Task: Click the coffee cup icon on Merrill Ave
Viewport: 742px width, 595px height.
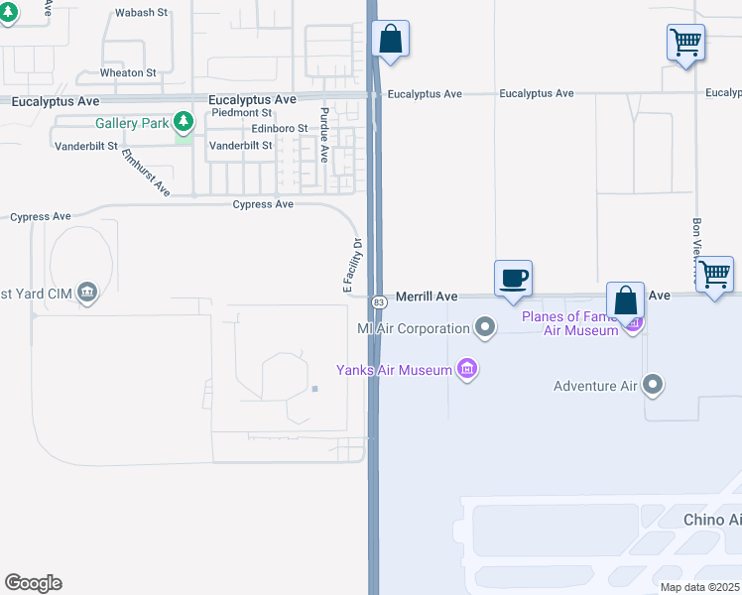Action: click(x=513, y=278)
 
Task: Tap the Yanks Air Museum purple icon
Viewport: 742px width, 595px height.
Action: click(x=467, y=370)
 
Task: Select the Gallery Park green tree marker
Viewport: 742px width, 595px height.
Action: click(x=183, y=122)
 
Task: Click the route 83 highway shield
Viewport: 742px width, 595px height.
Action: click(x=379, y=301)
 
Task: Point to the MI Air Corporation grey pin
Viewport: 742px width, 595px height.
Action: click(x=484, y=326)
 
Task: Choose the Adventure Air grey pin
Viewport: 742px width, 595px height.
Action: click(x=653, y=384)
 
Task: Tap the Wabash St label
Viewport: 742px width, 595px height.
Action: click(x=136, y=13)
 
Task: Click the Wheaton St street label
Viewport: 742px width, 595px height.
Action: click(x=128, y=72)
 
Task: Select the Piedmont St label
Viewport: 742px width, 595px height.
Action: click(x=241, y=113)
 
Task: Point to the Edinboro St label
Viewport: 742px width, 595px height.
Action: click(x=279, y=128)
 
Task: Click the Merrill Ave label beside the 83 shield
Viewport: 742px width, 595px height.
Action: click(x=427, y=296)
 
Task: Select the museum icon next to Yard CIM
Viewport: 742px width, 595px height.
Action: click(x=87, y=293)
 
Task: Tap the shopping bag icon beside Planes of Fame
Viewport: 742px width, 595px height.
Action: click(x=626, y=300)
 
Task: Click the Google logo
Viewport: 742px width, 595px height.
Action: click(x=33, y=583)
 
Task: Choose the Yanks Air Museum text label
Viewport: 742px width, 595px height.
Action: click(x=393, y=370)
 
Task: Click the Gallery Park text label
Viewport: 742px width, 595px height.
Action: click(x=132, y=123)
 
